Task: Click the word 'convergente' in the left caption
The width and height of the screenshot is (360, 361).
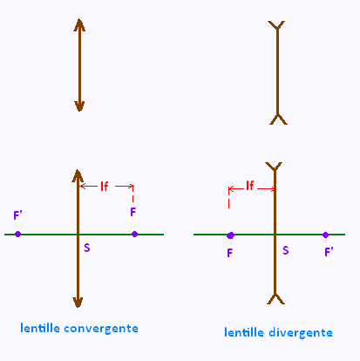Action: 101,330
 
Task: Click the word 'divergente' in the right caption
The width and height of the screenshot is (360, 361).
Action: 301,333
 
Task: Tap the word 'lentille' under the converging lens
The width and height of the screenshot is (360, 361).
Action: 40,328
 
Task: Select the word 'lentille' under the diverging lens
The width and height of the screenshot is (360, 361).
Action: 244,332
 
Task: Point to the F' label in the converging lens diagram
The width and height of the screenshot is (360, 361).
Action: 17,215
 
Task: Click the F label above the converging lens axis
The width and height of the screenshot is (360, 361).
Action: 133,212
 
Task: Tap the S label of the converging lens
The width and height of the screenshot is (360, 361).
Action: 87,248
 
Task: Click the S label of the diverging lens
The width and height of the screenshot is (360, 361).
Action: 286,250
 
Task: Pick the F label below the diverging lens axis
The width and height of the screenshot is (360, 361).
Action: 230,253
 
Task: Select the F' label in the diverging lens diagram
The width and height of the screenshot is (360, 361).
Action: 329,252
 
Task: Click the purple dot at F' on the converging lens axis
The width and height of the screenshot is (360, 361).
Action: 17,234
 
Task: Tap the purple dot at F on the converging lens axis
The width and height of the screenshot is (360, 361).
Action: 134,234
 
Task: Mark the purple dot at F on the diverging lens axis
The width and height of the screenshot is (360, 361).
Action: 230,235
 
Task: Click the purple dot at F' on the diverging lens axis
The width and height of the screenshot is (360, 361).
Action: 325,235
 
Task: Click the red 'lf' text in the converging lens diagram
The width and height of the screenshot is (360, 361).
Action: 105,187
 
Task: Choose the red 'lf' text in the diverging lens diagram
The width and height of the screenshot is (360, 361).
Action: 250,186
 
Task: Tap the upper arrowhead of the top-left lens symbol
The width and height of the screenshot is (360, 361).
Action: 79,24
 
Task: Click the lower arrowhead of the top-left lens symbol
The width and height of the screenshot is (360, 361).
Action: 79,106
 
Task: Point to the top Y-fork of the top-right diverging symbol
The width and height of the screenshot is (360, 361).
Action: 276,25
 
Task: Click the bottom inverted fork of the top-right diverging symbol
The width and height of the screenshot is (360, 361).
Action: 278,119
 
